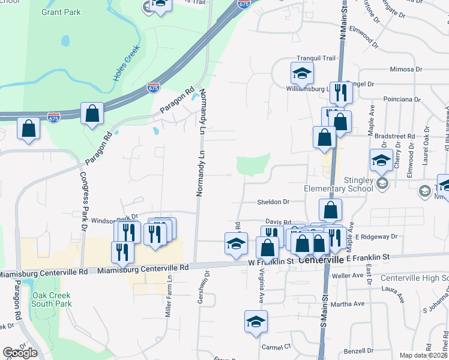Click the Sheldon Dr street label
(274, 202)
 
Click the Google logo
(20, 353)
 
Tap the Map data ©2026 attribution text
(423, 355)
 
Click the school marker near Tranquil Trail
(302, 73)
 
